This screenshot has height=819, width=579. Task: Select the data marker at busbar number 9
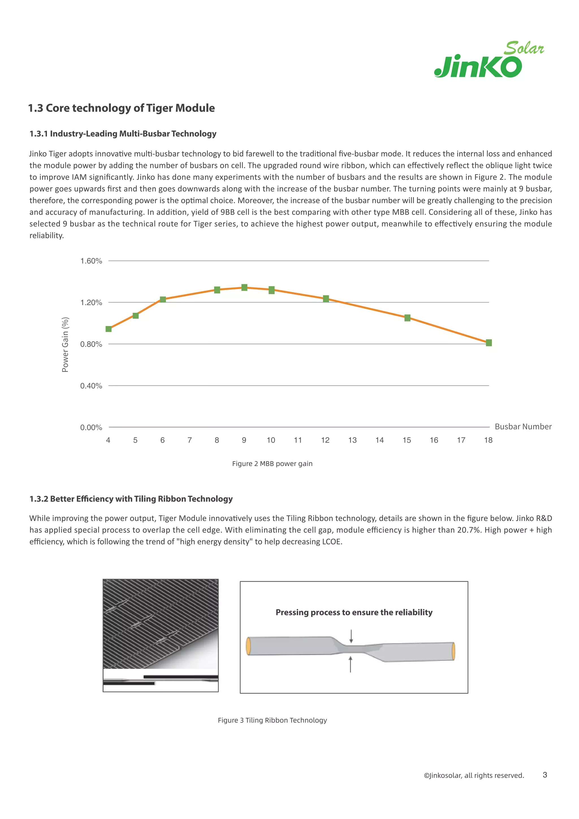[244, 288]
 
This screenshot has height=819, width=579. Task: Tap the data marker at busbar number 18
[489, 343]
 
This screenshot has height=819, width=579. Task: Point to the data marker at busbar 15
[407, 318]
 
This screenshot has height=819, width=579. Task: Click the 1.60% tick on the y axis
[91, 261]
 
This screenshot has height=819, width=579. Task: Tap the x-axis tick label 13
[352, 440]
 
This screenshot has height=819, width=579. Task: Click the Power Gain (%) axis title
[65, 344]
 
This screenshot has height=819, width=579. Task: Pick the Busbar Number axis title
[523, 427]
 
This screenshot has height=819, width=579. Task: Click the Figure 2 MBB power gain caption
[272, 464]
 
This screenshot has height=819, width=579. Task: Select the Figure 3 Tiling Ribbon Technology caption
[272, 720]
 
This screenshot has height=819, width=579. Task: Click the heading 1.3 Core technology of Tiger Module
[121, 108]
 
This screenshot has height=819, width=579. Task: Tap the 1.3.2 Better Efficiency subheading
[131, 499]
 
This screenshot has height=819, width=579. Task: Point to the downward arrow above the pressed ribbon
[351, 636]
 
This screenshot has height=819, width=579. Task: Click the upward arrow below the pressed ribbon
[351, 664]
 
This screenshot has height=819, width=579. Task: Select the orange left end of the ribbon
[249, 646]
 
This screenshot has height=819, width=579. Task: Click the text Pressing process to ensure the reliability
[354, 613]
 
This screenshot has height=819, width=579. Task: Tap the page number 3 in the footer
[545, 775]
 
